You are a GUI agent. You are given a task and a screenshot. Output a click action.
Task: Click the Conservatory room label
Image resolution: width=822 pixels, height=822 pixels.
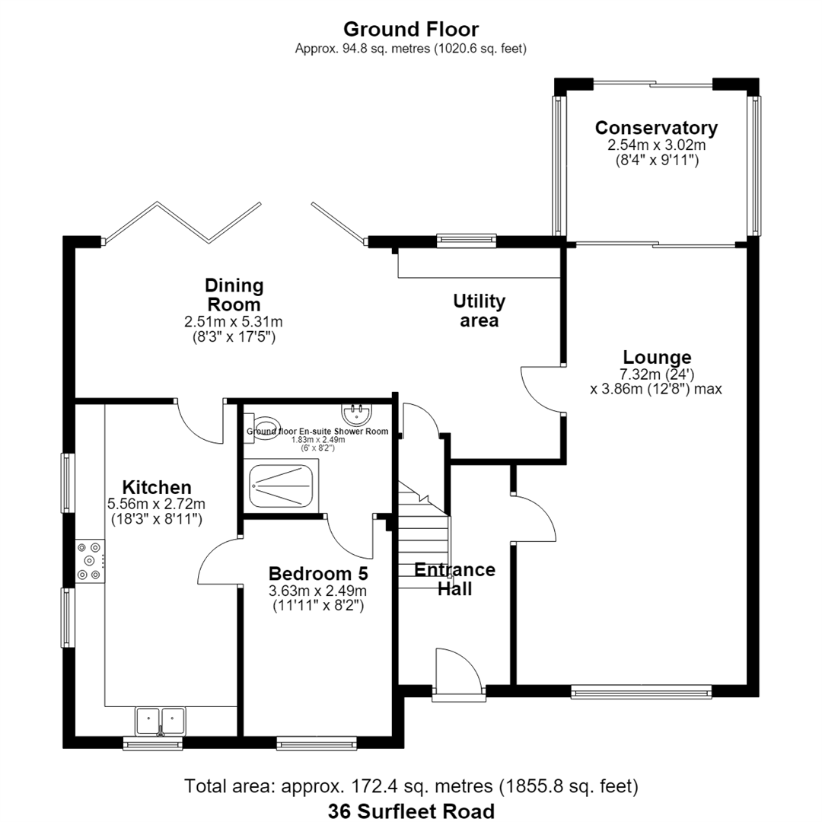click(x=656, y=128)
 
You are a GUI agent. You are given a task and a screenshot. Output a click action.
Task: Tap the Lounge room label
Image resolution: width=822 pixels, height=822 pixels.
click(x=657, y=357)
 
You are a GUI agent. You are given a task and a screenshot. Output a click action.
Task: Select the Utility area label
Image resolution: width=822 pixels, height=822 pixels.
click(x=479, y=311)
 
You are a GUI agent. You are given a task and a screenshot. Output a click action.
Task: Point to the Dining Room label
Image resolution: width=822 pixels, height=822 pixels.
click(x=234, y=295)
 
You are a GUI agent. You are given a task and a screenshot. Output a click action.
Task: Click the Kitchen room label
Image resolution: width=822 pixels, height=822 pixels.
click(x=157, y=487)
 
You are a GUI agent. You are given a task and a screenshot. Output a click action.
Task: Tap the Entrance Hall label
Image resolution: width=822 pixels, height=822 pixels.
click(x=454, y=578)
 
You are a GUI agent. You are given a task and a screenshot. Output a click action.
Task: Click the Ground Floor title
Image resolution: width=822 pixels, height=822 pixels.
click(x=411, y=29)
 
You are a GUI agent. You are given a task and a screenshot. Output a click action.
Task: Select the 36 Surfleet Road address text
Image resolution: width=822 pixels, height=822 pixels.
click(x=411, y=811)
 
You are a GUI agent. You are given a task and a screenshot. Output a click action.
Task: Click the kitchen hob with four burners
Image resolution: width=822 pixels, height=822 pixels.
click(x=90, y=561)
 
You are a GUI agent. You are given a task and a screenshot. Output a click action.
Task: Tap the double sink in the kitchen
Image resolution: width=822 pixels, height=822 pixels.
click(x=161, y=721)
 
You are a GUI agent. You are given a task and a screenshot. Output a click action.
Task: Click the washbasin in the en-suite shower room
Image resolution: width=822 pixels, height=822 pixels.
click(x=357, y=414)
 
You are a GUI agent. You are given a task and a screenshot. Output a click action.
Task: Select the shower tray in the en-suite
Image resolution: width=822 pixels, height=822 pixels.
click(x=281, y=486)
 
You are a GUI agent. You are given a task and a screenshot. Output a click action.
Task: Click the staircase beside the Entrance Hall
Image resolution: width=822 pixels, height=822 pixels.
click(x=424, y=535)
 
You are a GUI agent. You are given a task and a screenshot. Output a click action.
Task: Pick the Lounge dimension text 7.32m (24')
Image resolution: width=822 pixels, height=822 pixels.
click(x=657, y=374)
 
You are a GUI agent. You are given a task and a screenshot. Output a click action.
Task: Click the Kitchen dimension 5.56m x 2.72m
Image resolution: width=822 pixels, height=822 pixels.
click(x=156, y=505)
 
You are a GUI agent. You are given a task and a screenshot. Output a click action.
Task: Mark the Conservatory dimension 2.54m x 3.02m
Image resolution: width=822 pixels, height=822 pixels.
click(x=656, y=145)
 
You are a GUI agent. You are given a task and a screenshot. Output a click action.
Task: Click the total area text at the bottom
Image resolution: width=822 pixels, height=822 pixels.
click(x=411, y=786)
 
